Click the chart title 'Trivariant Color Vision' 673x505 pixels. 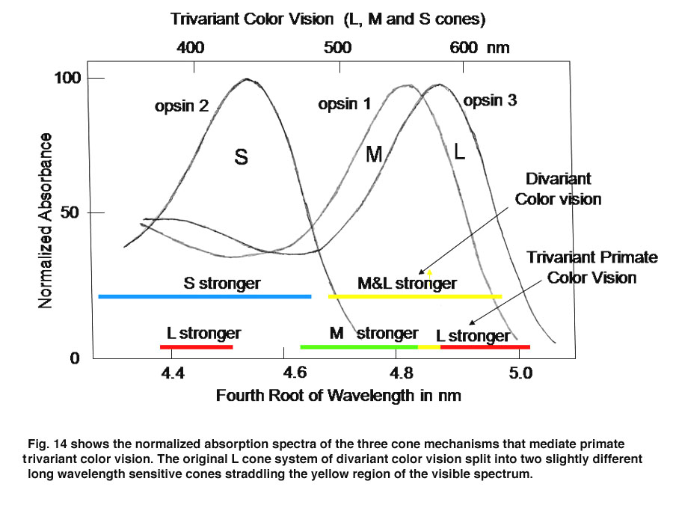[252, 19]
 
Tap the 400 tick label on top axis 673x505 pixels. [190, 47]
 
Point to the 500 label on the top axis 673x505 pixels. [337, 47]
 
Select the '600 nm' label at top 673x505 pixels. [479, 47]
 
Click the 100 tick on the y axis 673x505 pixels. [67, 78]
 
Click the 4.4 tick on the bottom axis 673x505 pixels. [173, 373]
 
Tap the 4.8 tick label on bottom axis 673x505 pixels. [402, 373]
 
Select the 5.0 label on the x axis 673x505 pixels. [520, 373]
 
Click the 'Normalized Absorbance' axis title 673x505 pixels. [45, 220]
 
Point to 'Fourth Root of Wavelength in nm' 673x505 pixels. [338, 396]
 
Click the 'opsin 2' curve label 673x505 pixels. [182, 105]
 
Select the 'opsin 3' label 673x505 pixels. [490, 100]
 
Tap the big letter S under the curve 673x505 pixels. [242, 157]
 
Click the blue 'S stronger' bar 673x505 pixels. [205, 297]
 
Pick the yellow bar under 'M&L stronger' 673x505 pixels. [415, 297]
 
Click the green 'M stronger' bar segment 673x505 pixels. [359, 347]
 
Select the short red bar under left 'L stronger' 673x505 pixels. [197, 347]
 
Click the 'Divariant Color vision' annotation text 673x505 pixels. [558, 189]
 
